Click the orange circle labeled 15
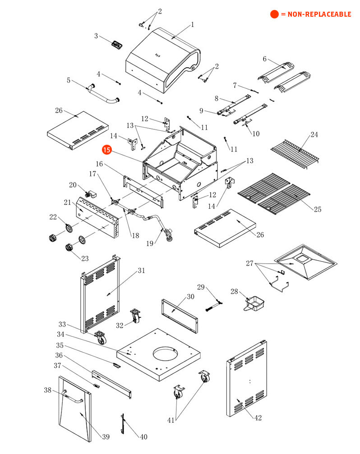106,150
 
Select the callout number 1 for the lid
192,24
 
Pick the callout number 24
265,59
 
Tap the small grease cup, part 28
254,301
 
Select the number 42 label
258,418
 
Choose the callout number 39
106,437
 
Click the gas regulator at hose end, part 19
169,235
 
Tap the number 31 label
142,271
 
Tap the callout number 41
171,420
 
